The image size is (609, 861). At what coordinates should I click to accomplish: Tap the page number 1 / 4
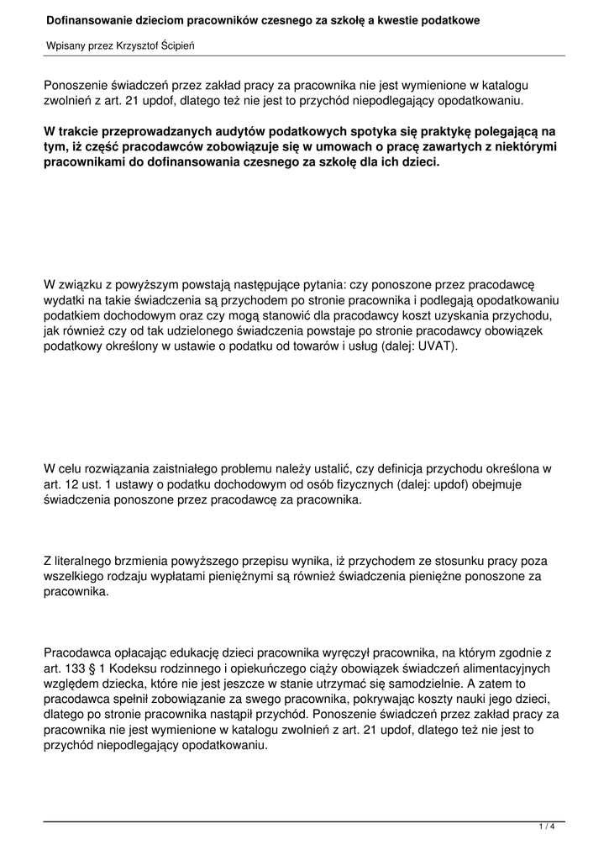click(x=547, y=828)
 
